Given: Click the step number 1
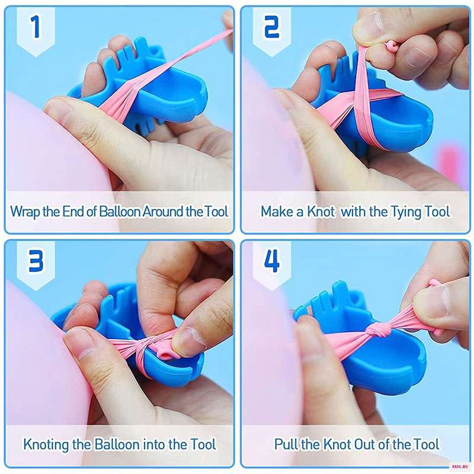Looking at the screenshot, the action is coord(36,27).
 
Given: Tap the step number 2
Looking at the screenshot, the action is coord(272,27).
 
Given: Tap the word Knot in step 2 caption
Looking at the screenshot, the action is coord(321,211).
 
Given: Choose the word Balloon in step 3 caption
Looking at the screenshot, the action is coord(117,444).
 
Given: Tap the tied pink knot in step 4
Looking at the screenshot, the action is coord(375,331).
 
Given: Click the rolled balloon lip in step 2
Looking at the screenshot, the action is coord(391,46).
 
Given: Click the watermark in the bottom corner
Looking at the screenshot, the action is coord(461,467).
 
